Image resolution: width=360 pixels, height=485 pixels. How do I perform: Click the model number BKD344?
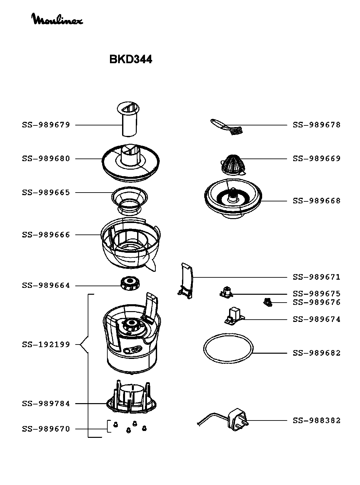pos(130,59)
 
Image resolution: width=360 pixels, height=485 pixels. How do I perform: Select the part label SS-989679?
pos(46,125)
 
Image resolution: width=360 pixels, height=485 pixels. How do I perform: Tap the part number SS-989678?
pos(316,125)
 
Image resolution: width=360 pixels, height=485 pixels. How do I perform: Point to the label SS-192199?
pos(46,345)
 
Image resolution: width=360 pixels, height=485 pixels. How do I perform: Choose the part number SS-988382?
pos(316,420)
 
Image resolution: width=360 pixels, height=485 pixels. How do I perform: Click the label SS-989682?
pos(316,353)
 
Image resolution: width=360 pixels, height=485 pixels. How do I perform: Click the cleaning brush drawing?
pos(227,127)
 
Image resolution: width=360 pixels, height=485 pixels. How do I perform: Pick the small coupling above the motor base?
pos(130,283)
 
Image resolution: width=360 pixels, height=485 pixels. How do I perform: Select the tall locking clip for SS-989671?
pos(186,280)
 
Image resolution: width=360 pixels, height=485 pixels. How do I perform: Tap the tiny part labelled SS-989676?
pos(268,302)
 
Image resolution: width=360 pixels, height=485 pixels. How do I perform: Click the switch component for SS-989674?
pos(234,316)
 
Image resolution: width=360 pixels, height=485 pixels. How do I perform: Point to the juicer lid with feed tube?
pos(131,163)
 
